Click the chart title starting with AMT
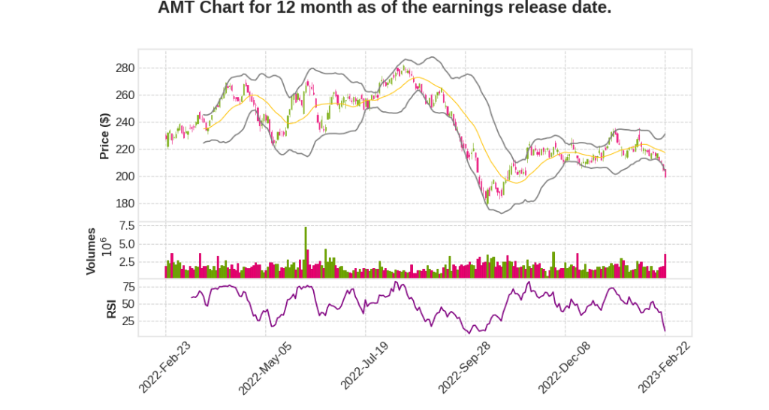384,9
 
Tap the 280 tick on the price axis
125,68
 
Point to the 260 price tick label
125,95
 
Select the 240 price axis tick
125,122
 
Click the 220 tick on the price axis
125,149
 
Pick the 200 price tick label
125,176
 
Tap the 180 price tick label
125,203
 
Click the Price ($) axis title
105,136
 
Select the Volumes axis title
91,251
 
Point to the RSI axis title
111,307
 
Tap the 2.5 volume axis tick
126,262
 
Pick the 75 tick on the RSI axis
128,287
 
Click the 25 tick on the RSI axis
128,321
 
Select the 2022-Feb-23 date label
166,366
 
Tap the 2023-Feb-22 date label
665,366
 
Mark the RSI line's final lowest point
665,330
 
